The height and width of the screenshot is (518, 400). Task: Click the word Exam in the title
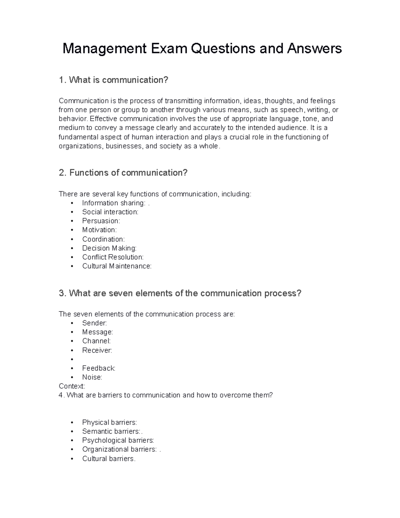tap(169, 49)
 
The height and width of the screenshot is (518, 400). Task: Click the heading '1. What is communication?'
tap(113, 80)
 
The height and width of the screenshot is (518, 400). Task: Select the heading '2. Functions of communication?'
tap(123, 173)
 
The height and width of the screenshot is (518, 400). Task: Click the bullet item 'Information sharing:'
tap(114, 203)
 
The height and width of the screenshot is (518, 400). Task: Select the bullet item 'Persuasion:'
tap(101, 221)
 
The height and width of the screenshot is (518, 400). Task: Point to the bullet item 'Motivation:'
tap(99, 230)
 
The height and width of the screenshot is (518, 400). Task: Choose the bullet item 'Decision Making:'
tap(109, 248)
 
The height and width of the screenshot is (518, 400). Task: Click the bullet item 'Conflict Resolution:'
tap(113, 257)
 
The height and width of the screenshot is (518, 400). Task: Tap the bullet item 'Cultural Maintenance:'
tap(117, 266)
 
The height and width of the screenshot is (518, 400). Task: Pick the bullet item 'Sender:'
tap(94, 323)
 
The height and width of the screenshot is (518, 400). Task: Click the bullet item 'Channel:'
tap(96, 341)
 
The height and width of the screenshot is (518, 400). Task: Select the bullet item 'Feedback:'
tap(99, 368)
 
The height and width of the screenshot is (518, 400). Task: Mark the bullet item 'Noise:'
tap(92, 377)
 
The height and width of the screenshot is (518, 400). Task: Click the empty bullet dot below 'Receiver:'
tap(72, 360)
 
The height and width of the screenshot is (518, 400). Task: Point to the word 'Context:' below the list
tap(72, 386)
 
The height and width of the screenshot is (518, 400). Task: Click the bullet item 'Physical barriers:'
tap(109, 423)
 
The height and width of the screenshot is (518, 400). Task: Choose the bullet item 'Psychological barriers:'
tap(118, 441)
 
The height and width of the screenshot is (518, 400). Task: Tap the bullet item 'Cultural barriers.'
tap(109, 459)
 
